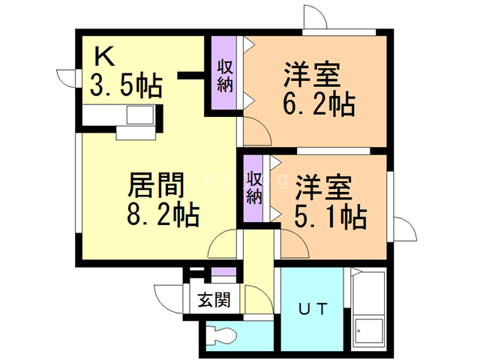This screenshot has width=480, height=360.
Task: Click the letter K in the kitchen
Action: (105, 56)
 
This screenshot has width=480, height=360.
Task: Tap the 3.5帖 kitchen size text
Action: (126, 85)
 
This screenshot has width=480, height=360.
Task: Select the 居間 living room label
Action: (156, 185)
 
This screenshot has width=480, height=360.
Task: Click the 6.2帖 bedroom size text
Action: (319, 103)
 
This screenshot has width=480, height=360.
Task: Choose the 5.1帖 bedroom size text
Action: (331, 217)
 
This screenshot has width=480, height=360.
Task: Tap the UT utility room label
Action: (313, 308)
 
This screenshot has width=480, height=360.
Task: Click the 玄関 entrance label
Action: (214, 300)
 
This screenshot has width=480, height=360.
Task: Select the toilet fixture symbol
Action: (222, 336)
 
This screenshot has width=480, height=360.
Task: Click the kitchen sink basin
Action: (140, 115)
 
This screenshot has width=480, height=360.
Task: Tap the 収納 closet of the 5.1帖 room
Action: (253, 188)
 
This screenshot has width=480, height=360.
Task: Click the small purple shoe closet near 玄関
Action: (223, 271)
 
